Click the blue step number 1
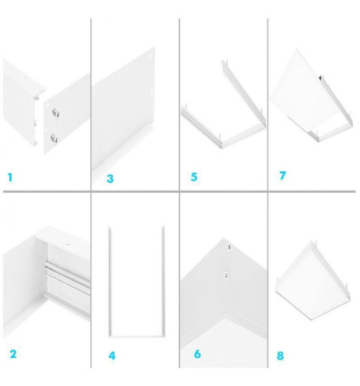(10, 177)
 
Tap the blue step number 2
(13, 355)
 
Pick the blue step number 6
(197, 355)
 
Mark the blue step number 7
(282, 176)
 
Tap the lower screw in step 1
(54, 136)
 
